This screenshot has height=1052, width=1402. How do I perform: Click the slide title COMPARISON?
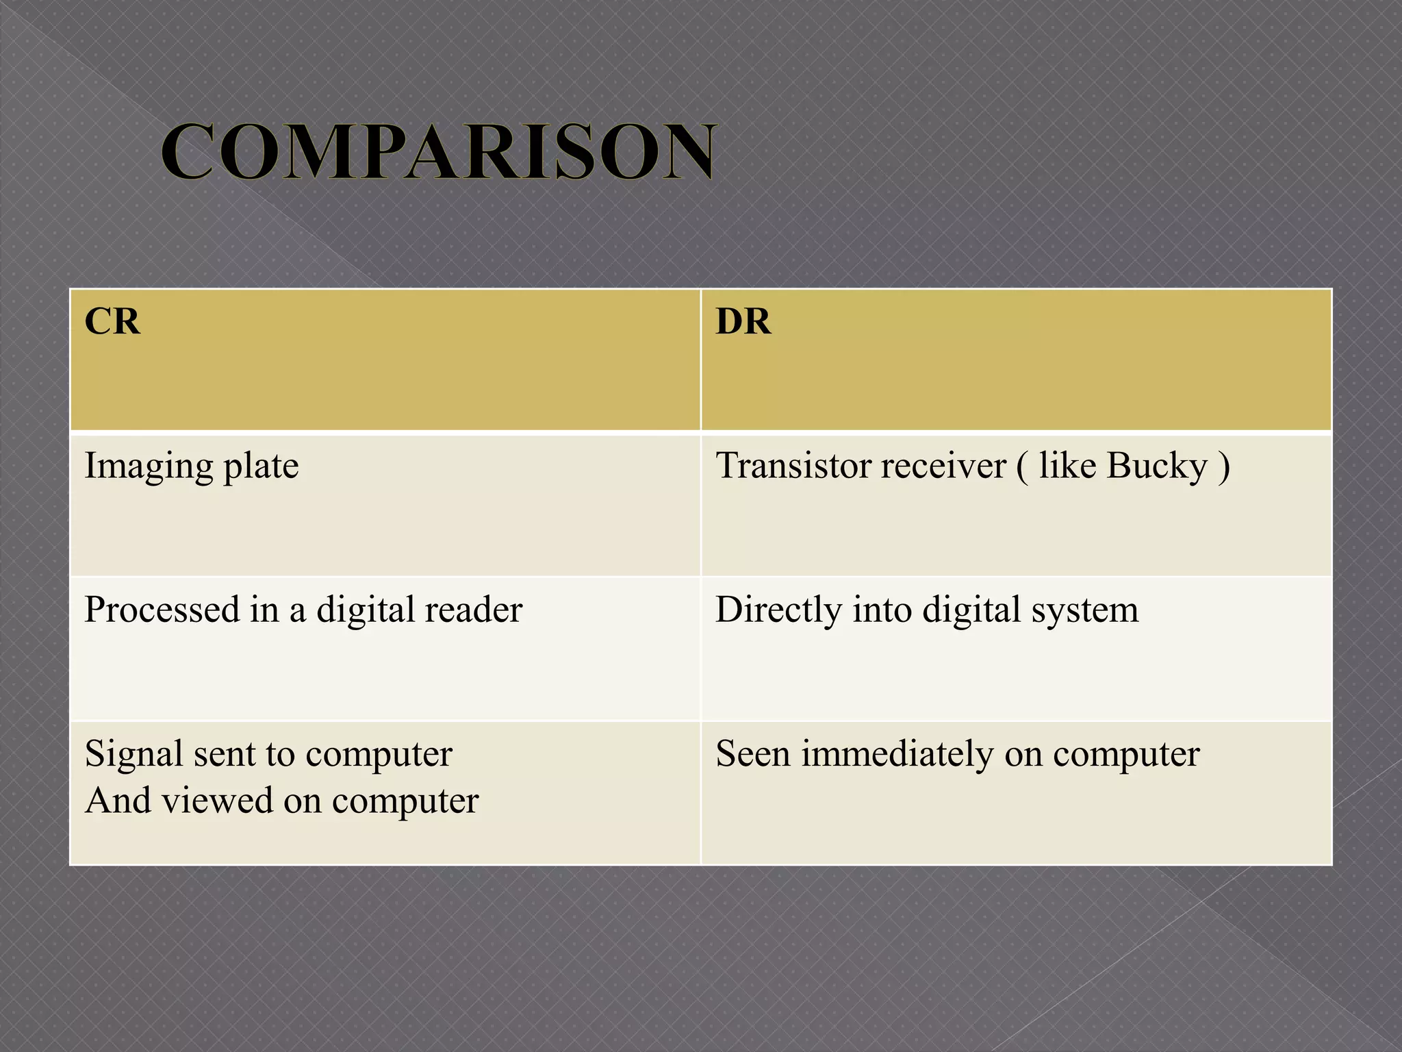pos(439,151)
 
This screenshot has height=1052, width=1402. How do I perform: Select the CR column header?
pos(112,321)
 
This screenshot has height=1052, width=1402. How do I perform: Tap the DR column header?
pos(743,321)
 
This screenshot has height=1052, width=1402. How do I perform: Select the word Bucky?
pos(1157,467)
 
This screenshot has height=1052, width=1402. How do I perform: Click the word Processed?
pos(162,610)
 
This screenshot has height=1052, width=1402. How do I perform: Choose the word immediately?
pos(897,753)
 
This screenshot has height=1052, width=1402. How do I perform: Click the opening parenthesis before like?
pos(1022,467)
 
